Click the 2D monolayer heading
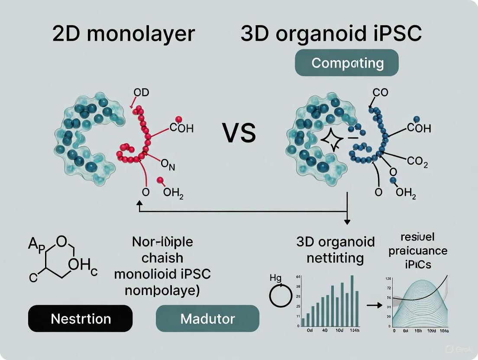click(123, 34)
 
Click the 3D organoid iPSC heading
click(331, 34)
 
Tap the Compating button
click(347, 63)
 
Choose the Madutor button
click(207, 319)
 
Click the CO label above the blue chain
click(380, 92)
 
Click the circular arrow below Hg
click(281, 297)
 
